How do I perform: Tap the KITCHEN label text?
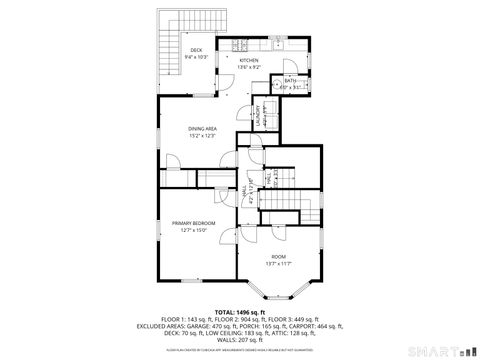point(248,61)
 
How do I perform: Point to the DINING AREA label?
point(204,129)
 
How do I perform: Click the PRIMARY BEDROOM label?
point(193,223)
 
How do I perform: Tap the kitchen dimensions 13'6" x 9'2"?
point(248,67)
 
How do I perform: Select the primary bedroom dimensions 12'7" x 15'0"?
point(193,230)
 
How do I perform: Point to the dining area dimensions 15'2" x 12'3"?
point(204,136)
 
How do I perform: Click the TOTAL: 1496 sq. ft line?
point(240,312)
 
